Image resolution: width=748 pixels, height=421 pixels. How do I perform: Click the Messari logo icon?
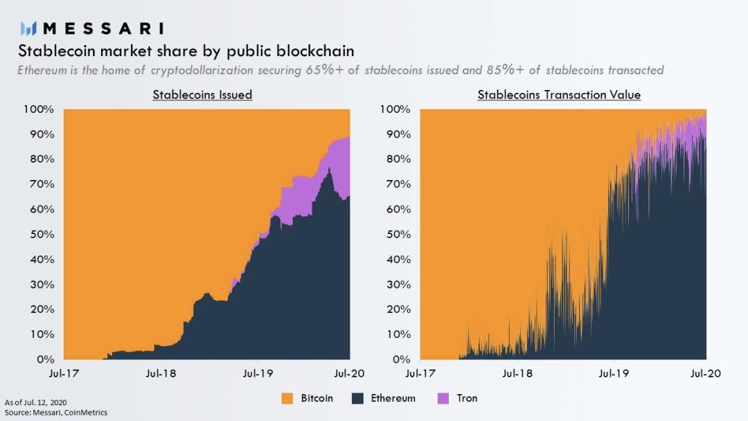pyautogui.click(x=28, y=28)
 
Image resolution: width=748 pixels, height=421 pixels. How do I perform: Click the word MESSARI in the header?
pyautogui.click(x=104, y=28)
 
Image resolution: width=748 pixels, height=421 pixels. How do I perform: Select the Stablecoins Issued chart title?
pyautogui.click(x=202, y=94)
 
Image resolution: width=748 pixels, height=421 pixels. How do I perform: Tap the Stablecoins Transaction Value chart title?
pyautogui.click(x=559, y=94)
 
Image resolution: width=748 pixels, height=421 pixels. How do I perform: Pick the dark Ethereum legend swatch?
pyautogui.click(x=359, y=398)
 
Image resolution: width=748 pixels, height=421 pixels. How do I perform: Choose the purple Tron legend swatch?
pyautogui.click(x=445, y=398)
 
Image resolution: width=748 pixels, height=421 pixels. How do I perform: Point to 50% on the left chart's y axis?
pyautogui.click(x=39, y=235)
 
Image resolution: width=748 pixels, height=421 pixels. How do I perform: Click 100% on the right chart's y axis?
pyautogui.click(x=395, y=109)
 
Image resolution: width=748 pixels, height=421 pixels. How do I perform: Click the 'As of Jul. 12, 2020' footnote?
pyautogui.click(x=36, y=402)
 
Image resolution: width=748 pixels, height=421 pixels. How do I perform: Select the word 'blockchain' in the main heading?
pyautogui.click(x=317, y=51)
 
